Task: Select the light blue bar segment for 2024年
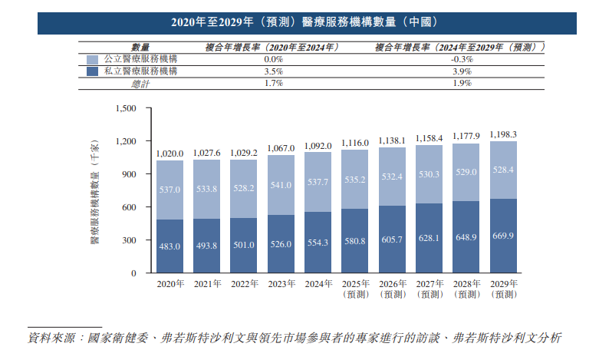coord(318,182)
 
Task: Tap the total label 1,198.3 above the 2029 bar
coord(503,134)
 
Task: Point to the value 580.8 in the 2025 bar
coord(354,242)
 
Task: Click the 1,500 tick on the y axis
coord(124,108)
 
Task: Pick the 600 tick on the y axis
coord(127,207)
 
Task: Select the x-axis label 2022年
coord(244,284)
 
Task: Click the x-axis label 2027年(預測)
coord(429,289)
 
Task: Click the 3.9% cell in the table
coord(460,71)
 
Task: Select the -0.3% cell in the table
coord(460,59)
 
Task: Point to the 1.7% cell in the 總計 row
coord(274,83)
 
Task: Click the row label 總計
coord(140,84)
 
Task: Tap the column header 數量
coord(140,48)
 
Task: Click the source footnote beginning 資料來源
coord(295,338)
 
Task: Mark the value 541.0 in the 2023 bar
coord(281,185)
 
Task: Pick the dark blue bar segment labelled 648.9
coord(466,237)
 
